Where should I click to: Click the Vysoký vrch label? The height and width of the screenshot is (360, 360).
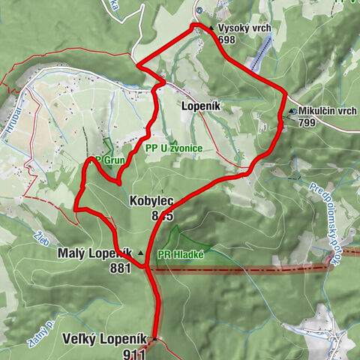click(x=244, y=28)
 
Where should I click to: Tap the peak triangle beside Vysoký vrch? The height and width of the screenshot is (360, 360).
click(x=211, y=29)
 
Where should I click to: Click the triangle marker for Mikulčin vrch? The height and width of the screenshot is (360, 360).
click(x=292, y=111)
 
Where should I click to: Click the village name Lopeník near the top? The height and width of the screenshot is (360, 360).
click(x=199, y=106)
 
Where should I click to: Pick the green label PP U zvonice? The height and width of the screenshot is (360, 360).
click(x=174, y=148)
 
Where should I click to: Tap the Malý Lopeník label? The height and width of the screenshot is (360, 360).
click(x=95, y=253)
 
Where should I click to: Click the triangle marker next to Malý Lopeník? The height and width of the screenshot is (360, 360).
click(x=139, y=254)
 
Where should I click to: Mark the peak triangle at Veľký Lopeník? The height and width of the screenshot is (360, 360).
click(x=154, y=339)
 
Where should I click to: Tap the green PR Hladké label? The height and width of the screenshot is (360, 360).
click(x=184, y=254)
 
